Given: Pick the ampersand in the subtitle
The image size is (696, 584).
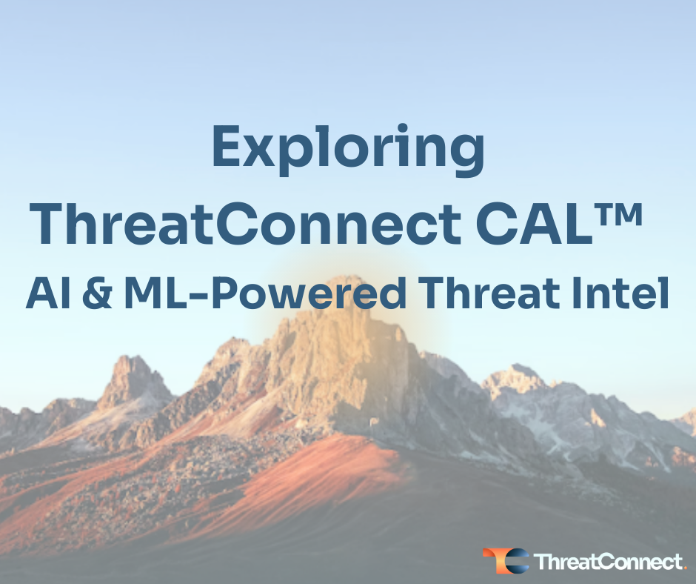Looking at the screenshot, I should (96, 295).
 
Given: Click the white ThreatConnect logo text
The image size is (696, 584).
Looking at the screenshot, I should (606, 562).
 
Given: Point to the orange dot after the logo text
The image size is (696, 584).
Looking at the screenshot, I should (683, 568).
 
